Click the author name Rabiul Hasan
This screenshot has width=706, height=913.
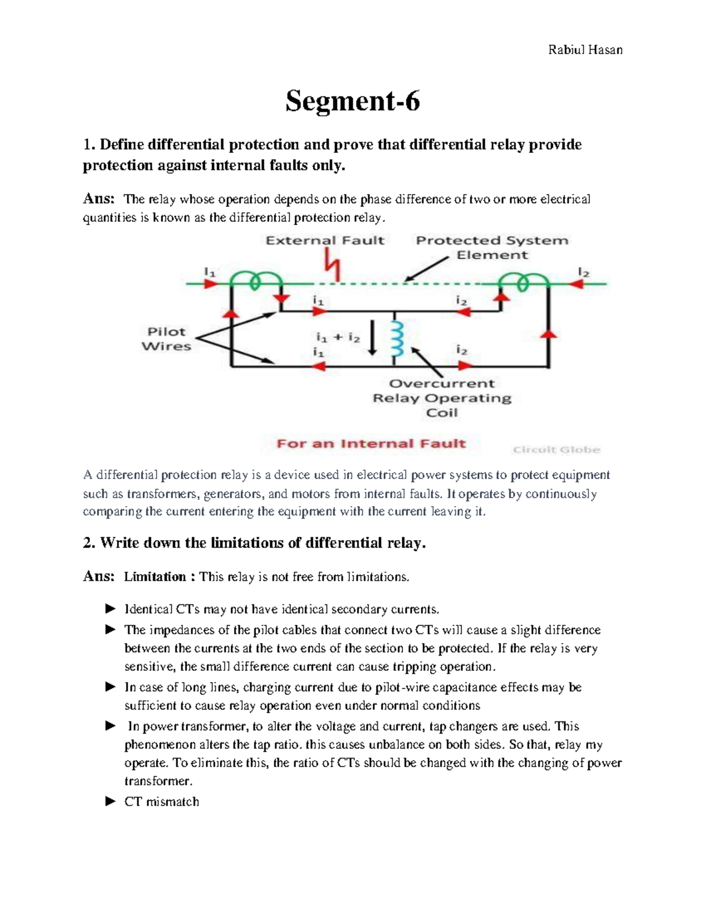585,50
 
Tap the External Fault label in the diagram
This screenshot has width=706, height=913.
325,240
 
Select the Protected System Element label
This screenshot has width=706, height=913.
492,248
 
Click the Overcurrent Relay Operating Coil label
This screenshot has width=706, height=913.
442,398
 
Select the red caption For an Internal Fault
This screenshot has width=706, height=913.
371,444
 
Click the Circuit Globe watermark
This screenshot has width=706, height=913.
556,450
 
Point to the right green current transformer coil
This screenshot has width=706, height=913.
522,282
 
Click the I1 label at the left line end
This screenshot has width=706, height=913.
210,272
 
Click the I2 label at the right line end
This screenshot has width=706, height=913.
583,272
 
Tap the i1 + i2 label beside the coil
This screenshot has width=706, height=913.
338,337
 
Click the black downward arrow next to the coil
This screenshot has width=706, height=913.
372,338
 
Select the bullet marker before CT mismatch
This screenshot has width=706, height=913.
110,801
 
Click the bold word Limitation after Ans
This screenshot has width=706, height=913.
155,577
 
